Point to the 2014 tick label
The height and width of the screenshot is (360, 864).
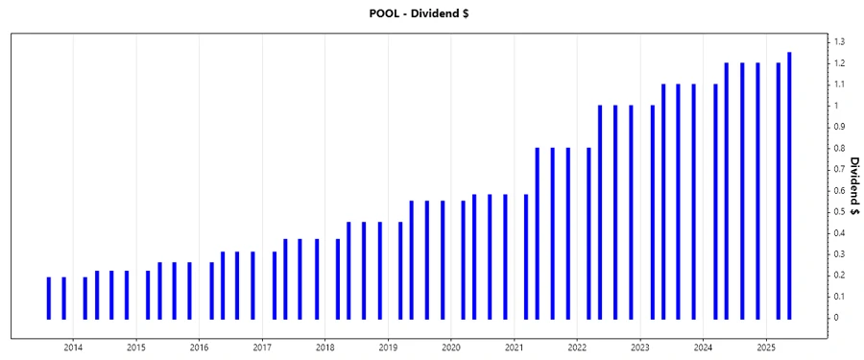pyautogui.click(x=74, y=347)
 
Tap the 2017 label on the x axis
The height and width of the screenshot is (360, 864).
pyautogui.click(x=263, y=347)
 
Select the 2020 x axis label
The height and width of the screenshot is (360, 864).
pyautogui.click(x=451, y=347)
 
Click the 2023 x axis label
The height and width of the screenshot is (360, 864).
pyautogui.click(x=640, y=347)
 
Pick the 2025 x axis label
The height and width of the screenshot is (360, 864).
pyautogui.click(x=766, y=347)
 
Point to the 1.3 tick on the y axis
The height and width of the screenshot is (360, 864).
pyautogui.click(x=839, y=42)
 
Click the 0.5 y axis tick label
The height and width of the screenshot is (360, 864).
pyautogui.click(x=839, y=211)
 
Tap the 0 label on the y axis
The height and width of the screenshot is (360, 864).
pyautogui.click(x=837, y=318)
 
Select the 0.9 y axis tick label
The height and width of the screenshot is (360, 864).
pyautogui.click(x=839, y=127)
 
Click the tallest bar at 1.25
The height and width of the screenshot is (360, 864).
pyautogui.click(x=789, y=185)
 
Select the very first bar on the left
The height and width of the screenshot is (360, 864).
pyautogui.click(x=49, y=298)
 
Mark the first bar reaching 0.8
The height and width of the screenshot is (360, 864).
pyautogui.click(x=538, y=233)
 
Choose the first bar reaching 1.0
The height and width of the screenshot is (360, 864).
pyautogui.click(x=600, y=212)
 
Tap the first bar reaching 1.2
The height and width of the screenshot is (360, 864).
pyautogui.click(x=727, y=191)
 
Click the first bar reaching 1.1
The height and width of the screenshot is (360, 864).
pyautogui.click(x=663, y=202)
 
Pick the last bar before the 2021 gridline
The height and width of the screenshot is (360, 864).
pyautogui.click(x=505, y=256)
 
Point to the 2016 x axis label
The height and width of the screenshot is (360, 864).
pyautogui.click(x=200, y=347)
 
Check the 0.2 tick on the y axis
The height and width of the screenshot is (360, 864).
pyautogui.click(x=839, y=276)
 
